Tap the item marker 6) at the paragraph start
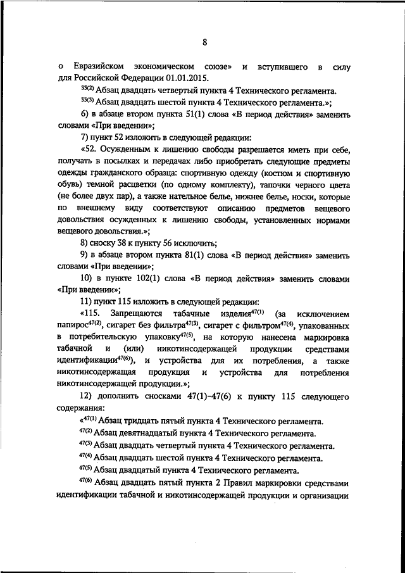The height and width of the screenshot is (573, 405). click(x=87, y=113)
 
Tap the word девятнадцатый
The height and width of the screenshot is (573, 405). click(x=153, y=433)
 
